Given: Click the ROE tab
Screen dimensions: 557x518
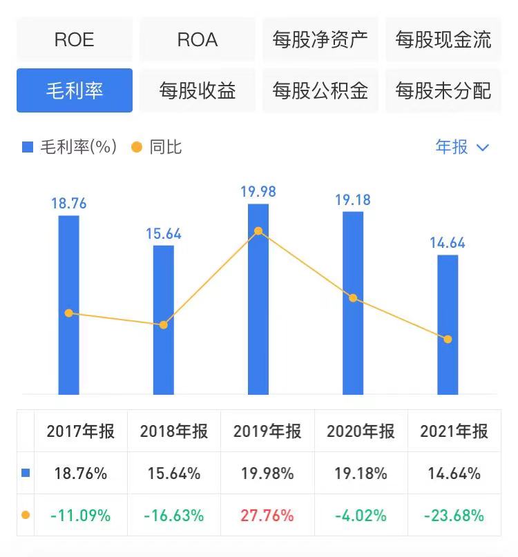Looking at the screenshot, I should (74, 39).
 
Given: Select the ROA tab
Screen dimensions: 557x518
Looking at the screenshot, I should (198, 39).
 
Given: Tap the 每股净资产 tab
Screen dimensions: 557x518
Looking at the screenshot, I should (320, 39).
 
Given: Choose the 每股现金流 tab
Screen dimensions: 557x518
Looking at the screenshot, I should (443, 39).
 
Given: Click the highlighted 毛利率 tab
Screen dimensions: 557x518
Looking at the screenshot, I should (74, 90).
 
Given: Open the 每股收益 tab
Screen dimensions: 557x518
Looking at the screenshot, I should (198, 90).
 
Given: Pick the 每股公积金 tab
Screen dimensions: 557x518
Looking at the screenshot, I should (320, 90).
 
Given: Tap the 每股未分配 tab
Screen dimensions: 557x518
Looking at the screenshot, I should (443, 90).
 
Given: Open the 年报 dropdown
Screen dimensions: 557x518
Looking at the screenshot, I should (462, 147).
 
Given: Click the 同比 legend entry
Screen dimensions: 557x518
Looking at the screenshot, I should (157, 147).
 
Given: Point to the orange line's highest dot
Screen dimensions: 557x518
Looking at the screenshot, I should (258, 231).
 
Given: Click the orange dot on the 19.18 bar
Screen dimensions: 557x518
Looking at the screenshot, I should (353, 298).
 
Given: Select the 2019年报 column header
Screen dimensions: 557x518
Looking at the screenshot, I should (267, 431).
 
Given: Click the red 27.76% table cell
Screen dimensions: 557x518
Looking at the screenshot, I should (267, 515).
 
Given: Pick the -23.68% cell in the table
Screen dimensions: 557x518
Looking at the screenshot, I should (454, 515).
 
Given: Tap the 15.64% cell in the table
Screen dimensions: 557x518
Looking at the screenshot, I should (174, 473).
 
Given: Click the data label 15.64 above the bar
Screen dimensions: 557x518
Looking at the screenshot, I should (164, 234).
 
